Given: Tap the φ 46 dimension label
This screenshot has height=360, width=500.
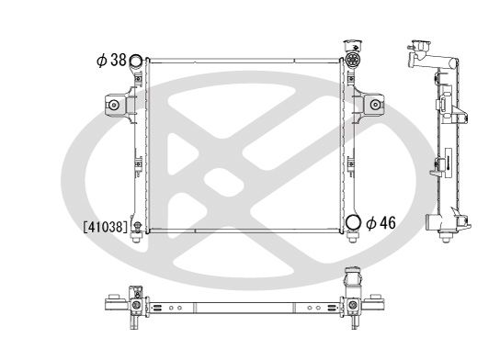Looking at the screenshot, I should click(382, 222).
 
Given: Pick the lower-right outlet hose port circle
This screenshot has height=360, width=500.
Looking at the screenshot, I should click(354, 222).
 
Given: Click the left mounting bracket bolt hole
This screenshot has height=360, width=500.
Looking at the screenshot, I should click(115, 106).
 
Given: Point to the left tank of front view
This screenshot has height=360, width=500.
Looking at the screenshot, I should click(137, 147).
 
